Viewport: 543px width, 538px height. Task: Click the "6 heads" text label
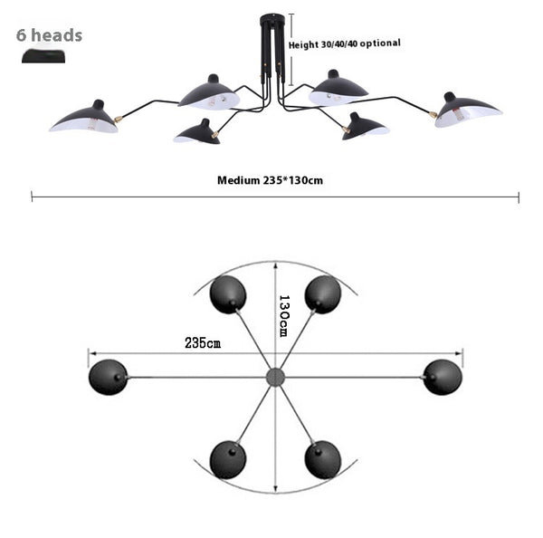point(50,35)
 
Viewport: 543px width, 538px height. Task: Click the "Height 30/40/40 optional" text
point(344,43)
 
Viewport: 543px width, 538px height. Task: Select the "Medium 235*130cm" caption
point(270,180)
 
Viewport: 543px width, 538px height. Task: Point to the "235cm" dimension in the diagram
point(203,343)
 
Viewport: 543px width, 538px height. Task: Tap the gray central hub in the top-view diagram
point(274,377)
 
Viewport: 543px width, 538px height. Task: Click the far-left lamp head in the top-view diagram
point(108,377)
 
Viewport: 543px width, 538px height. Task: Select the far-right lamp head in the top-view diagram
point(442,377)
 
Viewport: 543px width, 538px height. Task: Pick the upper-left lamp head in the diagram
point(227,294)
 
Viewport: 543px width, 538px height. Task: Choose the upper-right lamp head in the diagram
point(322,294)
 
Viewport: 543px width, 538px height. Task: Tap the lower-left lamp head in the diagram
point(227,459)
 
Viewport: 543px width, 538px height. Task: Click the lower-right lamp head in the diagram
point(322,459)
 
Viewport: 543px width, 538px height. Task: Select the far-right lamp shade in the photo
point(468,110)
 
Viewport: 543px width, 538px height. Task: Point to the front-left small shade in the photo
point(196,133)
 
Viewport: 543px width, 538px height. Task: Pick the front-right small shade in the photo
point(366,126)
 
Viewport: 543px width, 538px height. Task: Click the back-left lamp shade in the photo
point(209,93)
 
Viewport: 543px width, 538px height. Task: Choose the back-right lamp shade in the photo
point(338,89)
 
